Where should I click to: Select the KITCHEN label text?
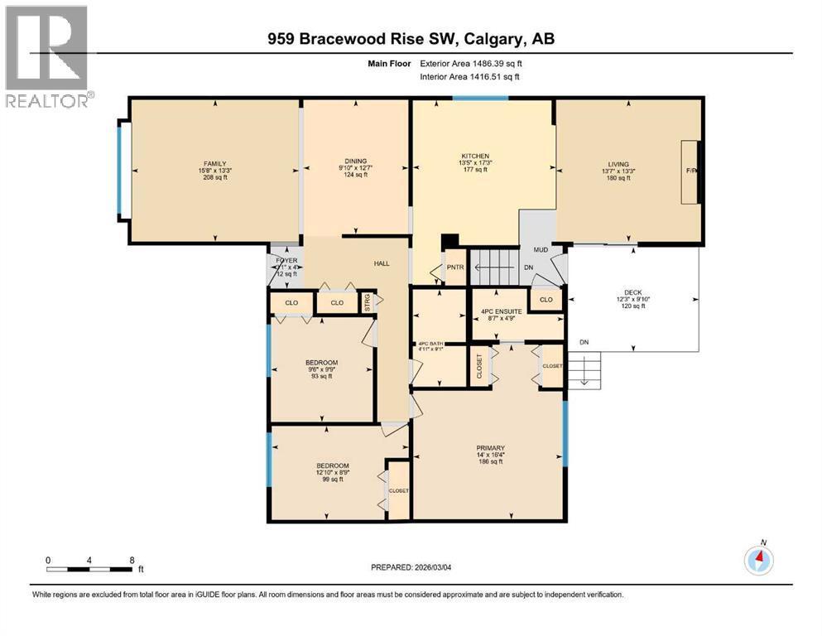476,157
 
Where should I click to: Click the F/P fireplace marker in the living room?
691,171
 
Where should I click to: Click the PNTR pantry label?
455,267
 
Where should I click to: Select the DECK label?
632,291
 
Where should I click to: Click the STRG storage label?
368,303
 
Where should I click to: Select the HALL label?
381,263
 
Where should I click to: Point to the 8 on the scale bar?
132,559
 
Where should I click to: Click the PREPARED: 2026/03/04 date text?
411,567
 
